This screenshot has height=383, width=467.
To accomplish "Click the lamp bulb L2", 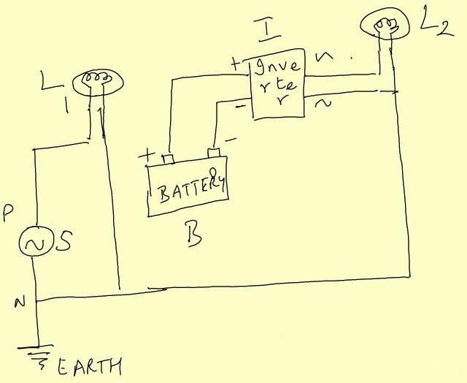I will click(x=382, y=23).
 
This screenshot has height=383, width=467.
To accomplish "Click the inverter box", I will click(x=277, y=86).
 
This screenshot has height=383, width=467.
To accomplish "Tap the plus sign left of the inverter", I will click(x=236, y=65).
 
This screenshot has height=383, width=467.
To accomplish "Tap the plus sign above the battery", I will click(x=149, y=155).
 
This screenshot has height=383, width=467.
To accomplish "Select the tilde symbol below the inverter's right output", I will click(x=322, y=105).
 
